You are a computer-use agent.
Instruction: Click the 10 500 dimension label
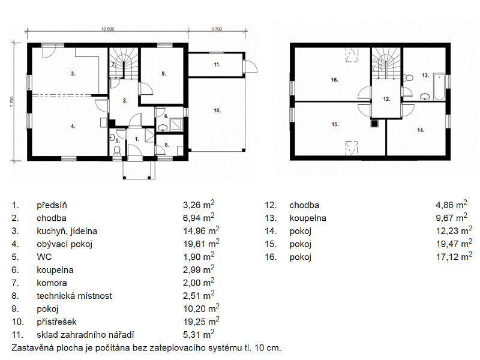coord(108,29)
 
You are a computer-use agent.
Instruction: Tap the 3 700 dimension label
coord(217,29)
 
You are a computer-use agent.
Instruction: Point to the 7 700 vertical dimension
coord(12,102)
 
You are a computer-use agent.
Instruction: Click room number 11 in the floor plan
coord(217,65)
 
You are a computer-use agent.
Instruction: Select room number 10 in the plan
coord(217,110)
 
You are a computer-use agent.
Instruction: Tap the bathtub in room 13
coord(439,87)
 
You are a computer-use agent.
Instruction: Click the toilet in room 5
coord(116,150)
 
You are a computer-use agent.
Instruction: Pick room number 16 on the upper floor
coord(334,80)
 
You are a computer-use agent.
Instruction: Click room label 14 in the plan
coord(421,130)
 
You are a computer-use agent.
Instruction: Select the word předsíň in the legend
coord(52,205)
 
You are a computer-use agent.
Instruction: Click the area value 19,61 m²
coord(201,244)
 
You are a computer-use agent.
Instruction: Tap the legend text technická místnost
coord(74,296)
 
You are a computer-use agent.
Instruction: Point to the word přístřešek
coord(56,322)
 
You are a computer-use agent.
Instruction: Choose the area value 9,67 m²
coord(452,218)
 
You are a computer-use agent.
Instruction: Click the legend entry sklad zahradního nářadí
coord(85,335)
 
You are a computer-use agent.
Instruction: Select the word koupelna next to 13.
coord(308,218)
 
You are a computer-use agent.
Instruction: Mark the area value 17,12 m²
coord(454,257)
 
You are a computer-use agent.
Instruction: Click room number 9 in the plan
coord(163,74)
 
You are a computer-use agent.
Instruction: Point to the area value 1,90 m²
coord(199,257)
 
